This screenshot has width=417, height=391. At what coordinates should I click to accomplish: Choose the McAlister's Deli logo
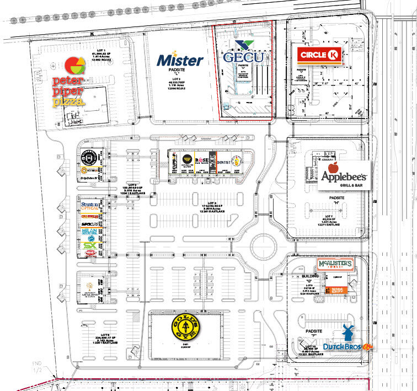pyautogui.click(x=334, y=266)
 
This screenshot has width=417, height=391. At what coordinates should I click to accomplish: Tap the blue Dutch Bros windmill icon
pyautogui.click(x=347, y=333)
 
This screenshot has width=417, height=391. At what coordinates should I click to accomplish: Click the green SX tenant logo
pyautogui.click(x=90, y=245)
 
